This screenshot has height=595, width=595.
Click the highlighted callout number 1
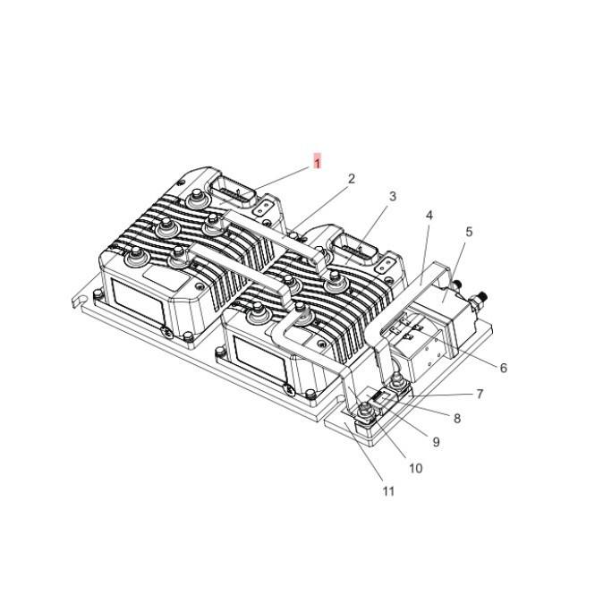317,162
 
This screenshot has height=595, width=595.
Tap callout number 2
352,179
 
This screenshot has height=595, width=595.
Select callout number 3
392,197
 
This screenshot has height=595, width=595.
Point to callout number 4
429,216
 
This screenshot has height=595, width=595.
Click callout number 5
469,232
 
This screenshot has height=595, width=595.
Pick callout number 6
503,368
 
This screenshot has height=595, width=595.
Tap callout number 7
480,394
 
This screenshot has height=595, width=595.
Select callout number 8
457,418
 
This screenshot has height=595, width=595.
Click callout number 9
436,442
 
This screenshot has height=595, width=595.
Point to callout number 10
415,467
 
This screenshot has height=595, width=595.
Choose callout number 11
388,491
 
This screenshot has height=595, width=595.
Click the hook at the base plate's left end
78,299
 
